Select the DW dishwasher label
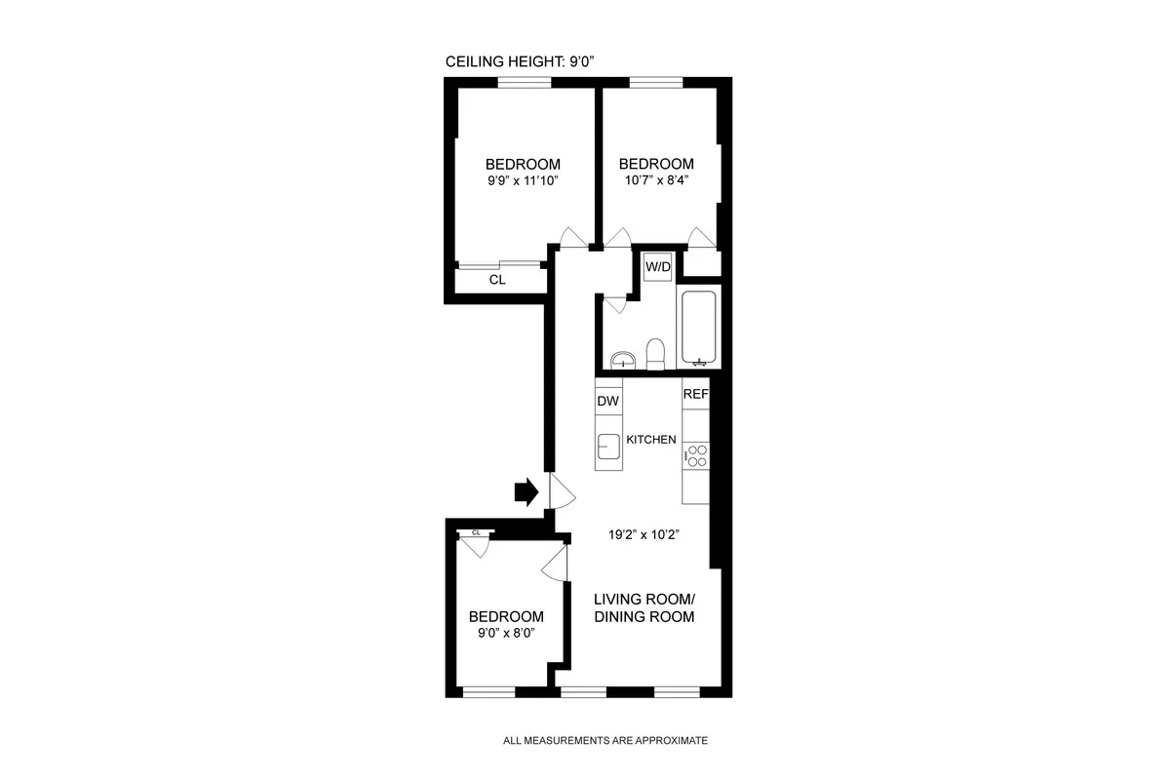[608, 401]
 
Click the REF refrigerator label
[695, 395]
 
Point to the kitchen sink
[608, 448]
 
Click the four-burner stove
[696, 454]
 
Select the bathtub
[697, 329]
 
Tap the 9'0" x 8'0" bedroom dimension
[506, 635]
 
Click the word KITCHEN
[650, 440]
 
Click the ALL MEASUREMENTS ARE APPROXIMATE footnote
[604, 741]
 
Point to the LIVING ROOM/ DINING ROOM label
[643, 607]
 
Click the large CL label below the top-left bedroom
[497, 280]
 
